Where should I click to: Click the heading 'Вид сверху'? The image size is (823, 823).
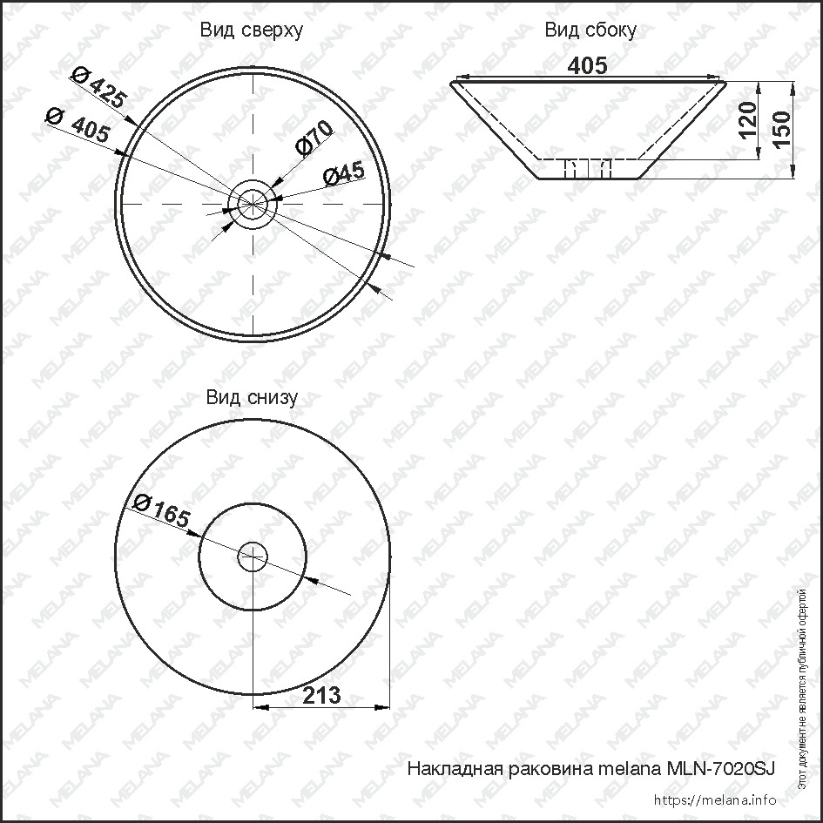coord(252,30)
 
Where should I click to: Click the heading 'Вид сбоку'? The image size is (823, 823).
coord(590,30)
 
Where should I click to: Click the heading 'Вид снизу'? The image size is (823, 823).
coord(252,397)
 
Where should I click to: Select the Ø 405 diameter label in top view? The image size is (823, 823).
coord(78,125)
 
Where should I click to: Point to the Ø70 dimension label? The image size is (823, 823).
coord(314,138)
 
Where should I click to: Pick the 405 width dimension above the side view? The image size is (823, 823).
coord(588,65)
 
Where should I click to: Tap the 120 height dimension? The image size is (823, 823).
coord(748,120)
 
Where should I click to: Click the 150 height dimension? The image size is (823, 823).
coord(781,130)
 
